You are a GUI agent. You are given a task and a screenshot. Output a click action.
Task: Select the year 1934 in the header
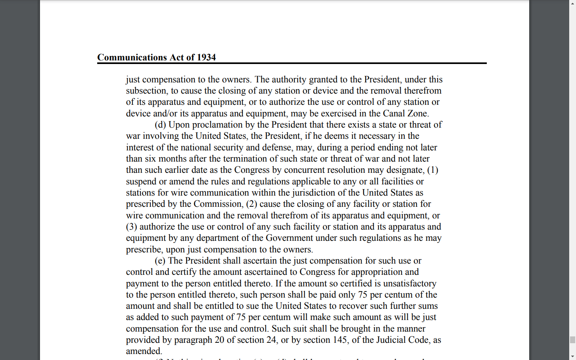point(206,58)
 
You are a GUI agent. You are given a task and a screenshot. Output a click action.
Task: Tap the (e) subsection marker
point(160,261)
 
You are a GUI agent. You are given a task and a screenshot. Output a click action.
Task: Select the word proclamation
point(217,125)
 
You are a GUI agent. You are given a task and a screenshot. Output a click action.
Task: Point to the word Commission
point(218,204)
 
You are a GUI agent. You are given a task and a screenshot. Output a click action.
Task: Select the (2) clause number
point(251,204)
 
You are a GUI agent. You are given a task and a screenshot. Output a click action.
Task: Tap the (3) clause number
point(132,227)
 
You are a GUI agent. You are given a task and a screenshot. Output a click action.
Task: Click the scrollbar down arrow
point(572,356)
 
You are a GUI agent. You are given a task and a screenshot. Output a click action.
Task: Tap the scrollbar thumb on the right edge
point(572,340)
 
